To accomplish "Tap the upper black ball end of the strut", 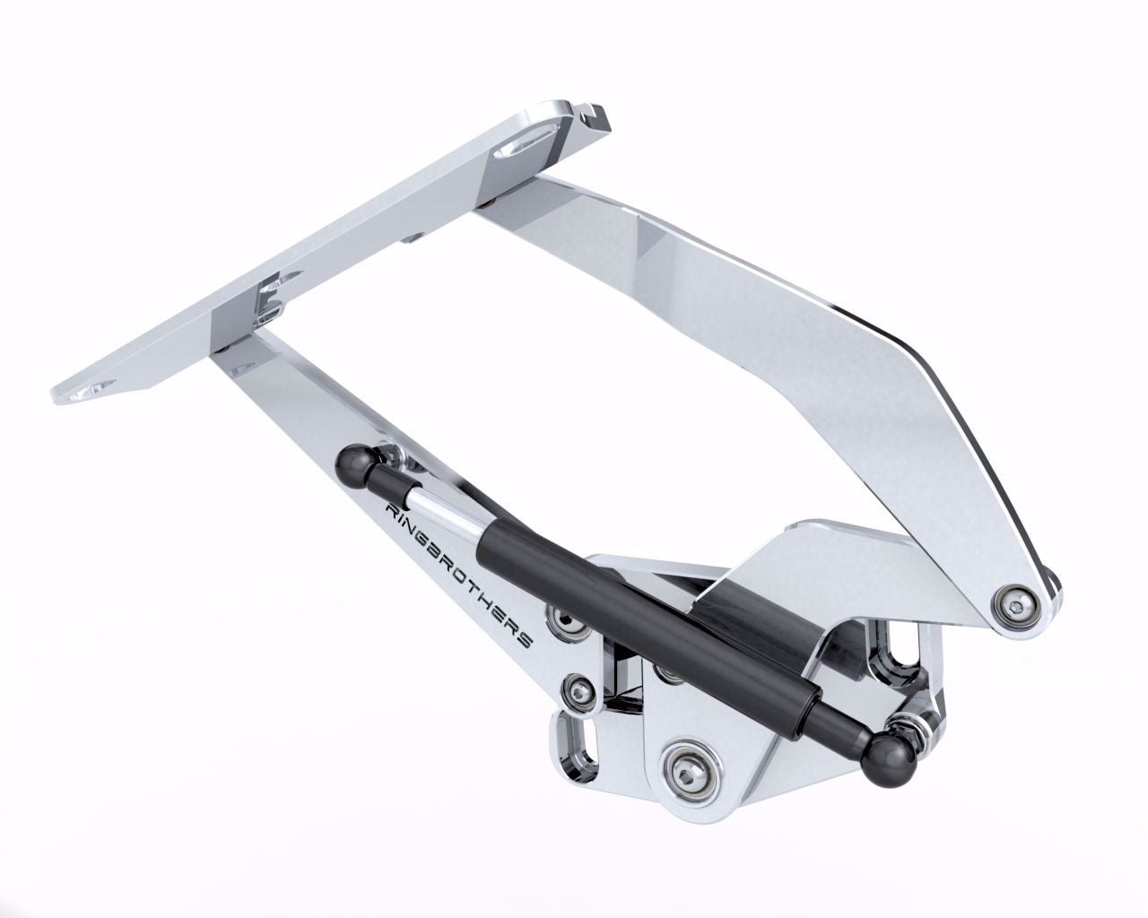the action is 354,462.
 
